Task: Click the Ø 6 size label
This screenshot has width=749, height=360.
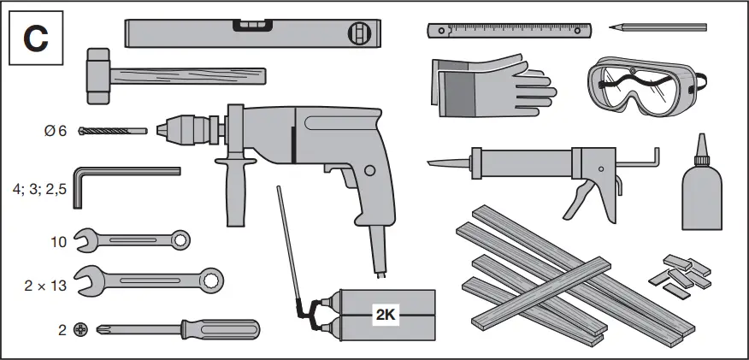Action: coord(56,131)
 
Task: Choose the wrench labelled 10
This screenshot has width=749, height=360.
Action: coord(133,240)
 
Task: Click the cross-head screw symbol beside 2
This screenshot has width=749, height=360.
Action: coord(80,329)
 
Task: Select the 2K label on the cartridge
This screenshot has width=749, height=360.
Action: coord(385,314)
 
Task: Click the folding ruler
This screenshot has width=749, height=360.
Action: coord(510,31)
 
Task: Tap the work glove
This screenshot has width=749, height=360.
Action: coord(487,86)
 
